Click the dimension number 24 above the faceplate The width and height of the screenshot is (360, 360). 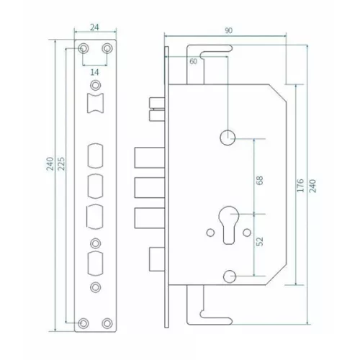coord(94,27)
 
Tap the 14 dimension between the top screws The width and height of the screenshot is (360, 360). coord(95,72)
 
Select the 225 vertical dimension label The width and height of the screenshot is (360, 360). coord(62,163)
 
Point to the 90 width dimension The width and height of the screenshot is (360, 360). coord(228,30)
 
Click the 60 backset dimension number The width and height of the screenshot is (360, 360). coord(193,61)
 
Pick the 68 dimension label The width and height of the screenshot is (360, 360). coord(260,180)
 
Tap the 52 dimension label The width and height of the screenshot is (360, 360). coord(260,241)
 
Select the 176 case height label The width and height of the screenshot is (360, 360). coord(300,185)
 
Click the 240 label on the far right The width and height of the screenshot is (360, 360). coord(312,186)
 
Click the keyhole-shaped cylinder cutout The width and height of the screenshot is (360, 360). coord(229,225)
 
